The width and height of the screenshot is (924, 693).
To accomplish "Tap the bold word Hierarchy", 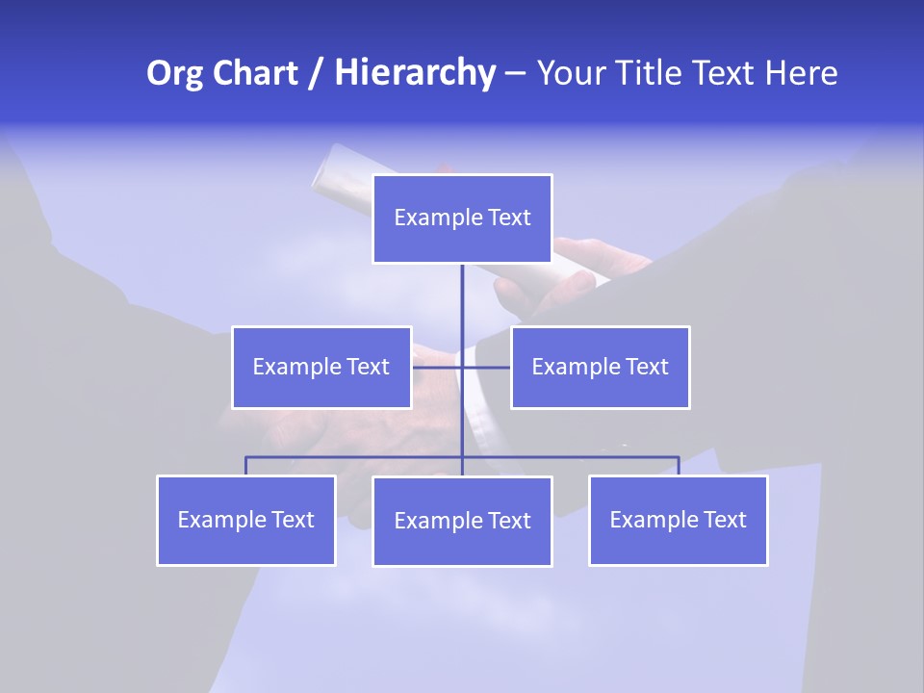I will point(414,73).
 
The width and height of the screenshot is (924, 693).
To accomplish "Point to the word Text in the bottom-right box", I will point(724,520).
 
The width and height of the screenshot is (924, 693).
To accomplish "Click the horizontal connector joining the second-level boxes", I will point(486,367).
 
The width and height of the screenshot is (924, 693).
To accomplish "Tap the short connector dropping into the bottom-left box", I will point(245,466).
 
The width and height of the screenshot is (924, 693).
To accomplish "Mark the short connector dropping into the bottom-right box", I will point(679,466).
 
